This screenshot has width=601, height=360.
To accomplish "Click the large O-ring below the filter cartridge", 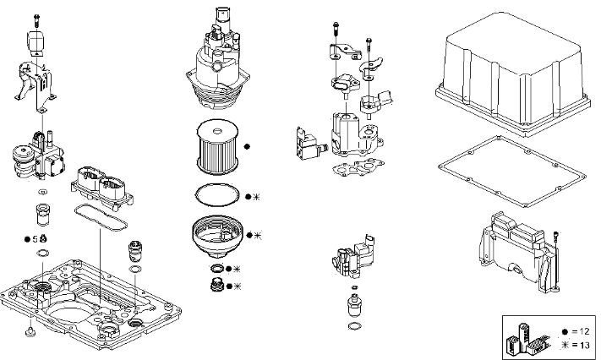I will tap(216, 194).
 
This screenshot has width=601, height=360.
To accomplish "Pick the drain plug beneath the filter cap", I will tap(217, 284).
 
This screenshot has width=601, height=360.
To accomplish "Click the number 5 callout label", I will tap(35, 239).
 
